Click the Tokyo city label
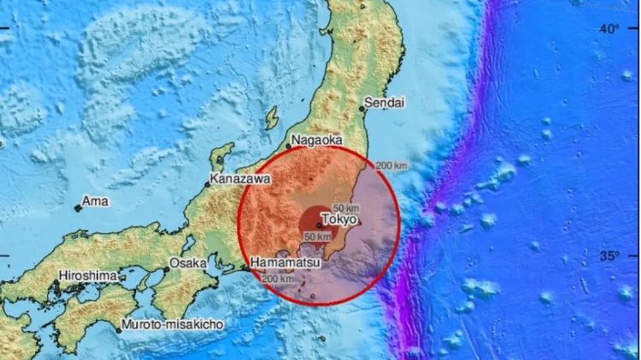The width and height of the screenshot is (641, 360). pyautogui.click(x=339, y=220)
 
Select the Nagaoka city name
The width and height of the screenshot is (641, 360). pyautogui.click(x=317, y=141)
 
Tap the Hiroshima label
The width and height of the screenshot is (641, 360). pyautogui.click(x=87, y=276)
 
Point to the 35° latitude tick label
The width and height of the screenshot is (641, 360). pyautogui.click(x=609, y=255)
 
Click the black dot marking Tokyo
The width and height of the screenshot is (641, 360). pyautogui.click(x=319, y=225)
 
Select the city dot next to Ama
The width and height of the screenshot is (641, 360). pyautogui.click(x=78, y=208)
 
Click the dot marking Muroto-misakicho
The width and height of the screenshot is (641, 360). pyautogui.click(x=119, y=329)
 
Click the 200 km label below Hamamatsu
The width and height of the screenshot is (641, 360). pyautogui.click(x=277, y=279)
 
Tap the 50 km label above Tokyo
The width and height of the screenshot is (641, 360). pyautogui.click(x=347, y=208)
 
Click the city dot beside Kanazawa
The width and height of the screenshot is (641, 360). pyautogui.click(x=207, y=183)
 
